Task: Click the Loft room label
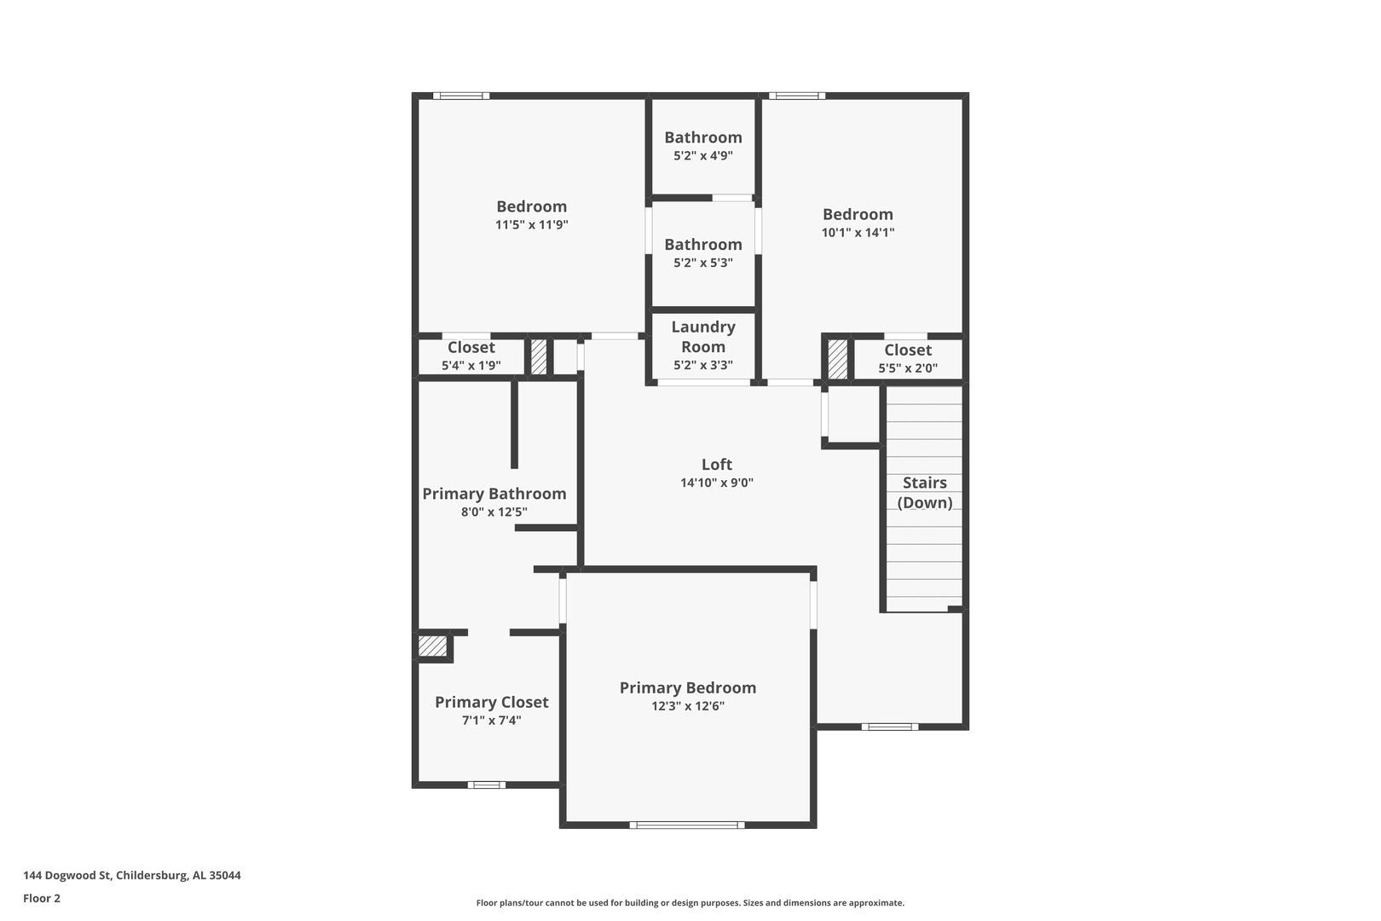coord(716,464)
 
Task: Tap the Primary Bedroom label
coord(687,688)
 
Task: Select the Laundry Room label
coord(702,337)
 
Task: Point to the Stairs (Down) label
coord(924,492)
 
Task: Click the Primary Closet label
coord(491,702)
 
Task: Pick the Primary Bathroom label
coord(494,494)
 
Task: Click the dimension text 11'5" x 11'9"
coord(531,224)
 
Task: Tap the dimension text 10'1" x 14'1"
coord(858,233)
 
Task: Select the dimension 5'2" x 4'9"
coord(702,155)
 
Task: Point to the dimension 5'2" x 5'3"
coord(702,263)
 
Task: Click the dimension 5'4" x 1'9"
coord(471,366)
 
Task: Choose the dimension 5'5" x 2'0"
coord(908,368)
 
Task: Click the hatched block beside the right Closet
coord(837,359)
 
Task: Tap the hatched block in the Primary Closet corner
coord(432,646)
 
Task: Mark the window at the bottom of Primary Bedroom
coord(687,825)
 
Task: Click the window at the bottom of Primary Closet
coord(487,785)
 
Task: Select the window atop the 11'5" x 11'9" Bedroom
coord(461,96)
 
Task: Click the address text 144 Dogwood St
coord(67,875)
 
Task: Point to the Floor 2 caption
coord(42,898)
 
